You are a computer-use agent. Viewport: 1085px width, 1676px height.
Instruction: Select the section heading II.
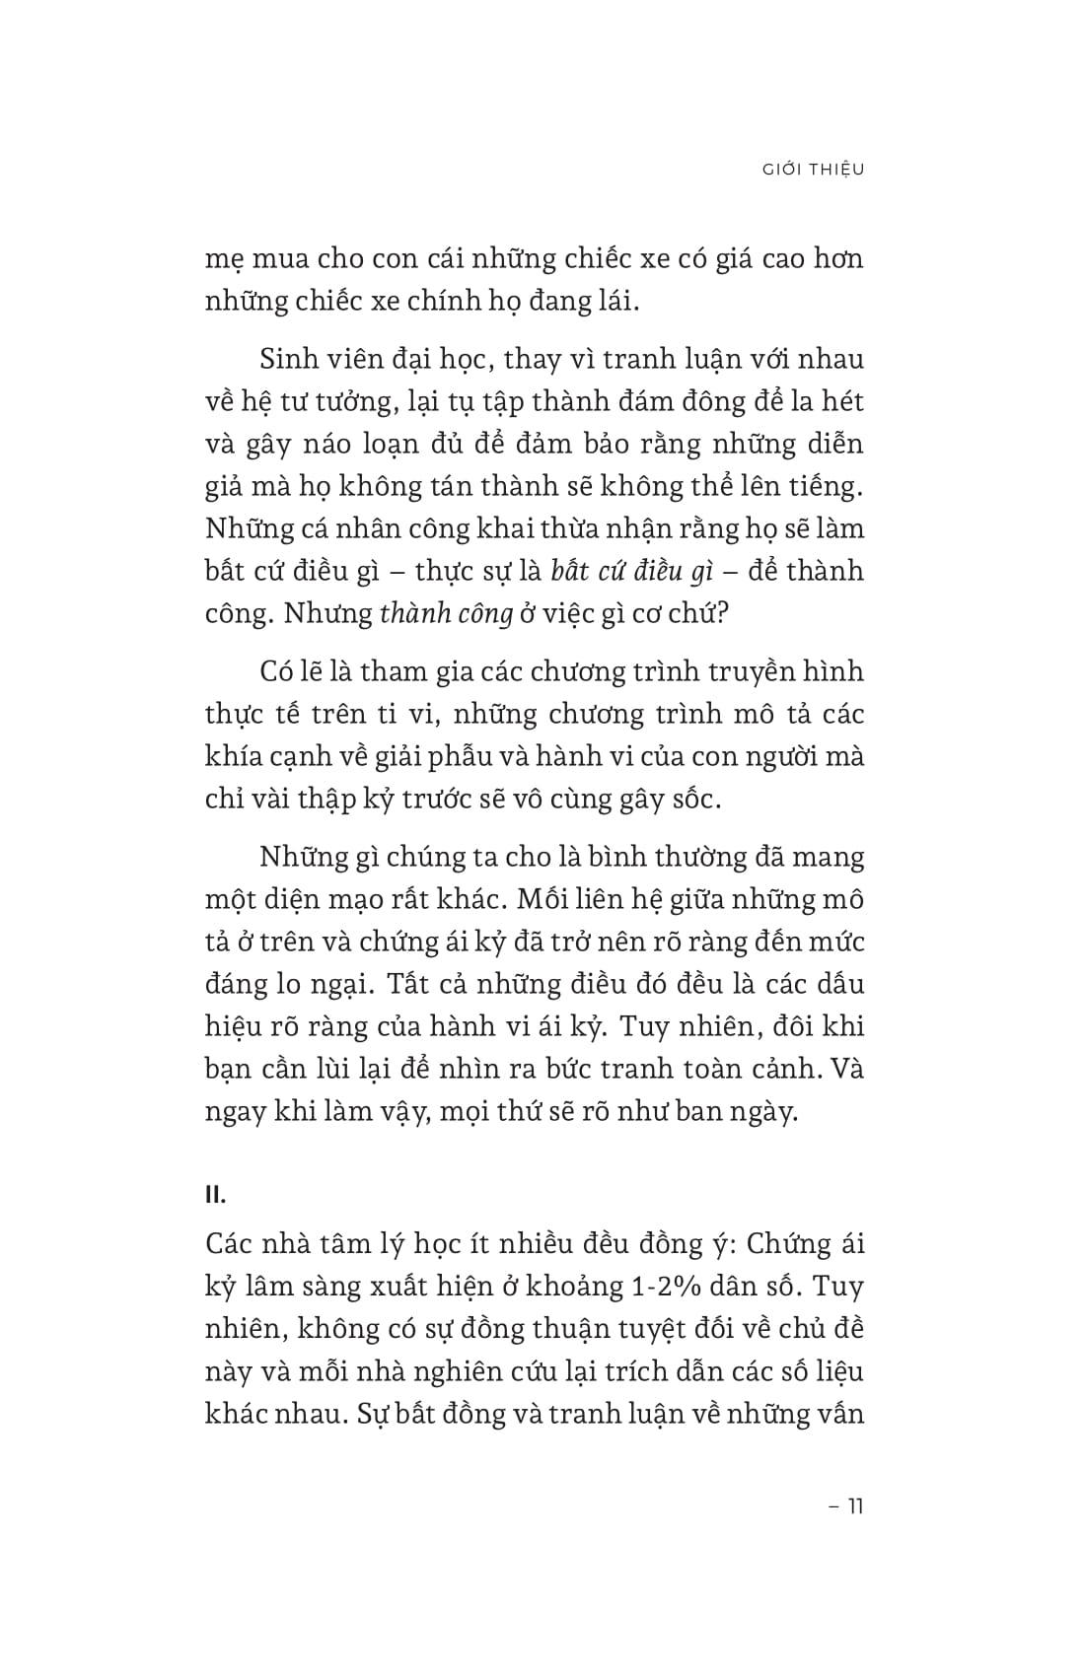pyautogui.click(x=216, y=1195)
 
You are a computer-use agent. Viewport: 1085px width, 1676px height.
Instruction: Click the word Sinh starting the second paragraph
pyautogui.click(x=288, y=359)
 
